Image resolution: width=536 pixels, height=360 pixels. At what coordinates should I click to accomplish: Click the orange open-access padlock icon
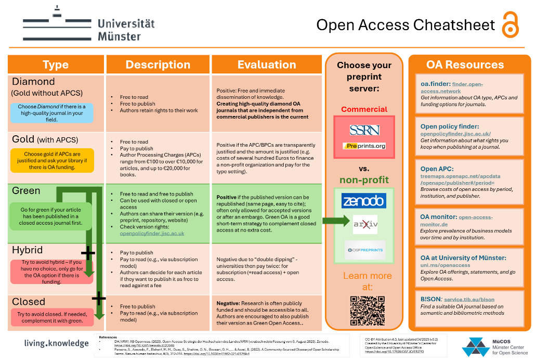510,24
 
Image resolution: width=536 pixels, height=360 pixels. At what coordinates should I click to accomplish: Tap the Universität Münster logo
89,23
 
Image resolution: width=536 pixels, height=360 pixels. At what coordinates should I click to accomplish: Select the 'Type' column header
56,65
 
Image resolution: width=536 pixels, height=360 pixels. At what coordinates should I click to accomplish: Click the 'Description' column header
158,65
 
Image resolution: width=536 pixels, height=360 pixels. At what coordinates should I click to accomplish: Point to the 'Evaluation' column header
267,65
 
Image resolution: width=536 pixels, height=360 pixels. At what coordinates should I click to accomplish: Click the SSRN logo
364,130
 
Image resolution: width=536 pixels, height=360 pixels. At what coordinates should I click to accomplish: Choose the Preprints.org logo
364,146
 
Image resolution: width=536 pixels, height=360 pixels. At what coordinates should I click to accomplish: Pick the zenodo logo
364,200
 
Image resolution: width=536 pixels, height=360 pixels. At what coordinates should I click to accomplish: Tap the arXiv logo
364,224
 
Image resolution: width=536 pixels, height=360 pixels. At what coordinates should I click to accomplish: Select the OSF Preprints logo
364,250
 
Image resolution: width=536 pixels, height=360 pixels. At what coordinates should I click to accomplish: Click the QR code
364,311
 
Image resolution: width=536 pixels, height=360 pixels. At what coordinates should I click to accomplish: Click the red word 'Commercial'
364,109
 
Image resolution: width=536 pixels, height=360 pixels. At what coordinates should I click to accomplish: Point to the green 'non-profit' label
364,180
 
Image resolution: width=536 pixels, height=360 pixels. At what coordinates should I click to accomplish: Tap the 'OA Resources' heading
465,65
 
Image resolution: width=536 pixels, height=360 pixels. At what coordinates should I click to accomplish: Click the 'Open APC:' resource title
437,169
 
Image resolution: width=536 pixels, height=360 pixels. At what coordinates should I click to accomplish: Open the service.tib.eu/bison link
469,300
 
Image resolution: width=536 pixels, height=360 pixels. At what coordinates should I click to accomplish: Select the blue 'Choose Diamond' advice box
52,113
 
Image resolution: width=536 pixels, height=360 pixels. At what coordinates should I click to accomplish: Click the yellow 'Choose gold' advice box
52,160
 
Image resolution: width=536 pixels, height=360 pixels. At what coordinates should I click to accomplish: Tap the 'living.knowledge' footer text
56,343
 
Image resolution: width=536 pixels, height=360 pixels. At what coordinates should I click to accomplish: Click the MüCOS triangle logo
475,346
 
